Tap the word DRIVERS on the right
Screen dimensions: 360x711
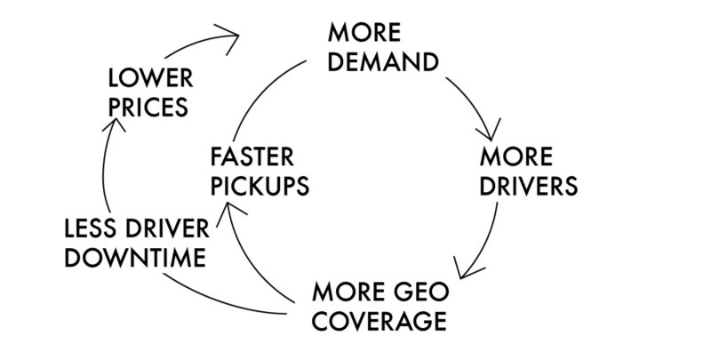point(529,188)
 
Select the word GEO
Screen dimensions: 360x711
point(420,291)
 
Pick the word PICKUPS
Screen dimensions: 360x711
point(259,188)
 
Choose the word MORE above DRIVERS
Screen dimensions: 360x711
point(515,158)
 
